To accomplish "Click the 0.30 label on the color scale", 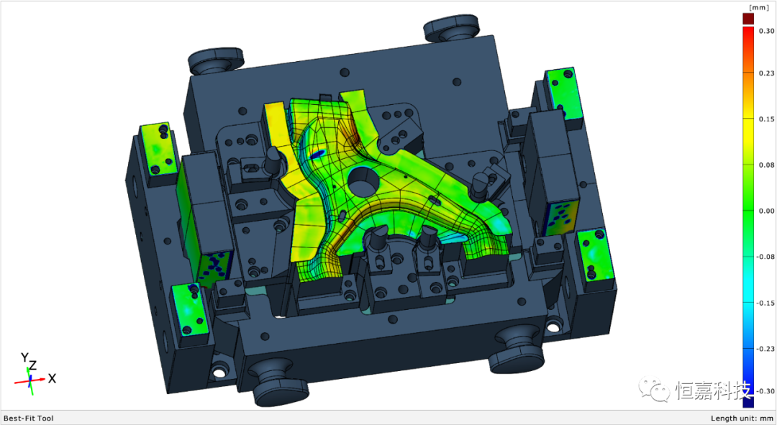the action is pyautogui.click(x=767, y=31).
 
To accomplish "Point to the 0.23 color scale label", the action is pyautogui.click(x=767, y=73).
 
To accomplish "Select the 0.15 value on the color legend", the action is pyautogui.click(x=767, y=119).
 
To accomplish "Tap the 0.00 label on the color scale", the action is pyautogui.click(x=767, y=211).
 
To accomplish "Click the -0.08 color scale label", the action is pyautogui.click(x=765, y=257).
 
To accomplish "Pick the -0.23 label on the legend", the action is pyautogui.click(x=765, y=349).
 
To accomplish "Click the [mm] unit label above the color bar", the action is pyautogui.click(x=759, y=7).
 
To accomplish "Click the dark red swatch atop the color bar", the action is pyautogui.click(x=748, y=19).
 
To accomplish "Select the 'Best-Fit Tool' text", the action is pyautogui.click(x=28, y=418).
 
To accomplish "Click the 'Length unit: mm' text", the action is pyautogui.click(x=742, y=418).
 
